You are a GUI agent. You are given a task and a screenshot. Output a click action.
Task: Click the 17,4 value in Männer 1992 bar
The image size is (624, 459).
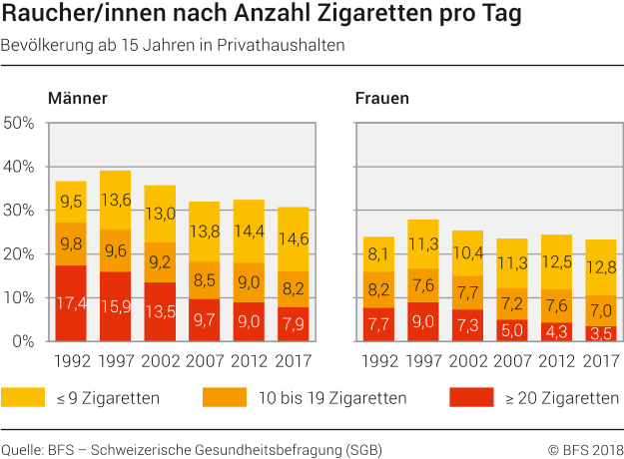pos(70,302)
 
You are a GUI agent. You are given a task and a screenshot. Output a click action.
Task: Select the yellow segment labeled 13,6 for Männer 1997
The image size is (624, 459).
pos(116,200)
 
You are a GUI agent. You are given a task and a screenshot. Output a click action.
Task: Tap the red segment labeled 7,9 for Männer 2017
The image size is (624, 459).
pos(293,322)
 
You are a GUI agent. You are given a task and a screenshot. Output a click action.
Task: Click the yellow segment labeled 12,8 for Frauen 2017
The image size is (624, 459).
pos(601,266)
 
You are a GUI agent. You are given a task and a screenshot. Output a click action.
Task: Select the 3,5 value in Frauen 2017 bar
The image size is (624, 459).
pos(601,333)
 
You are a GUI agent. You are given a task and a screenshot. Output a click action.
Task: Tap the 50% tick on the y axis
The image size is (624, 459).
pos(20,124)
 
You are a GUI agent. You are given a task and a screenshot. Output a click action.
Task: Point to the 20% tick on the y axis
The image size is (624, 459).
pos(20,253)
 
